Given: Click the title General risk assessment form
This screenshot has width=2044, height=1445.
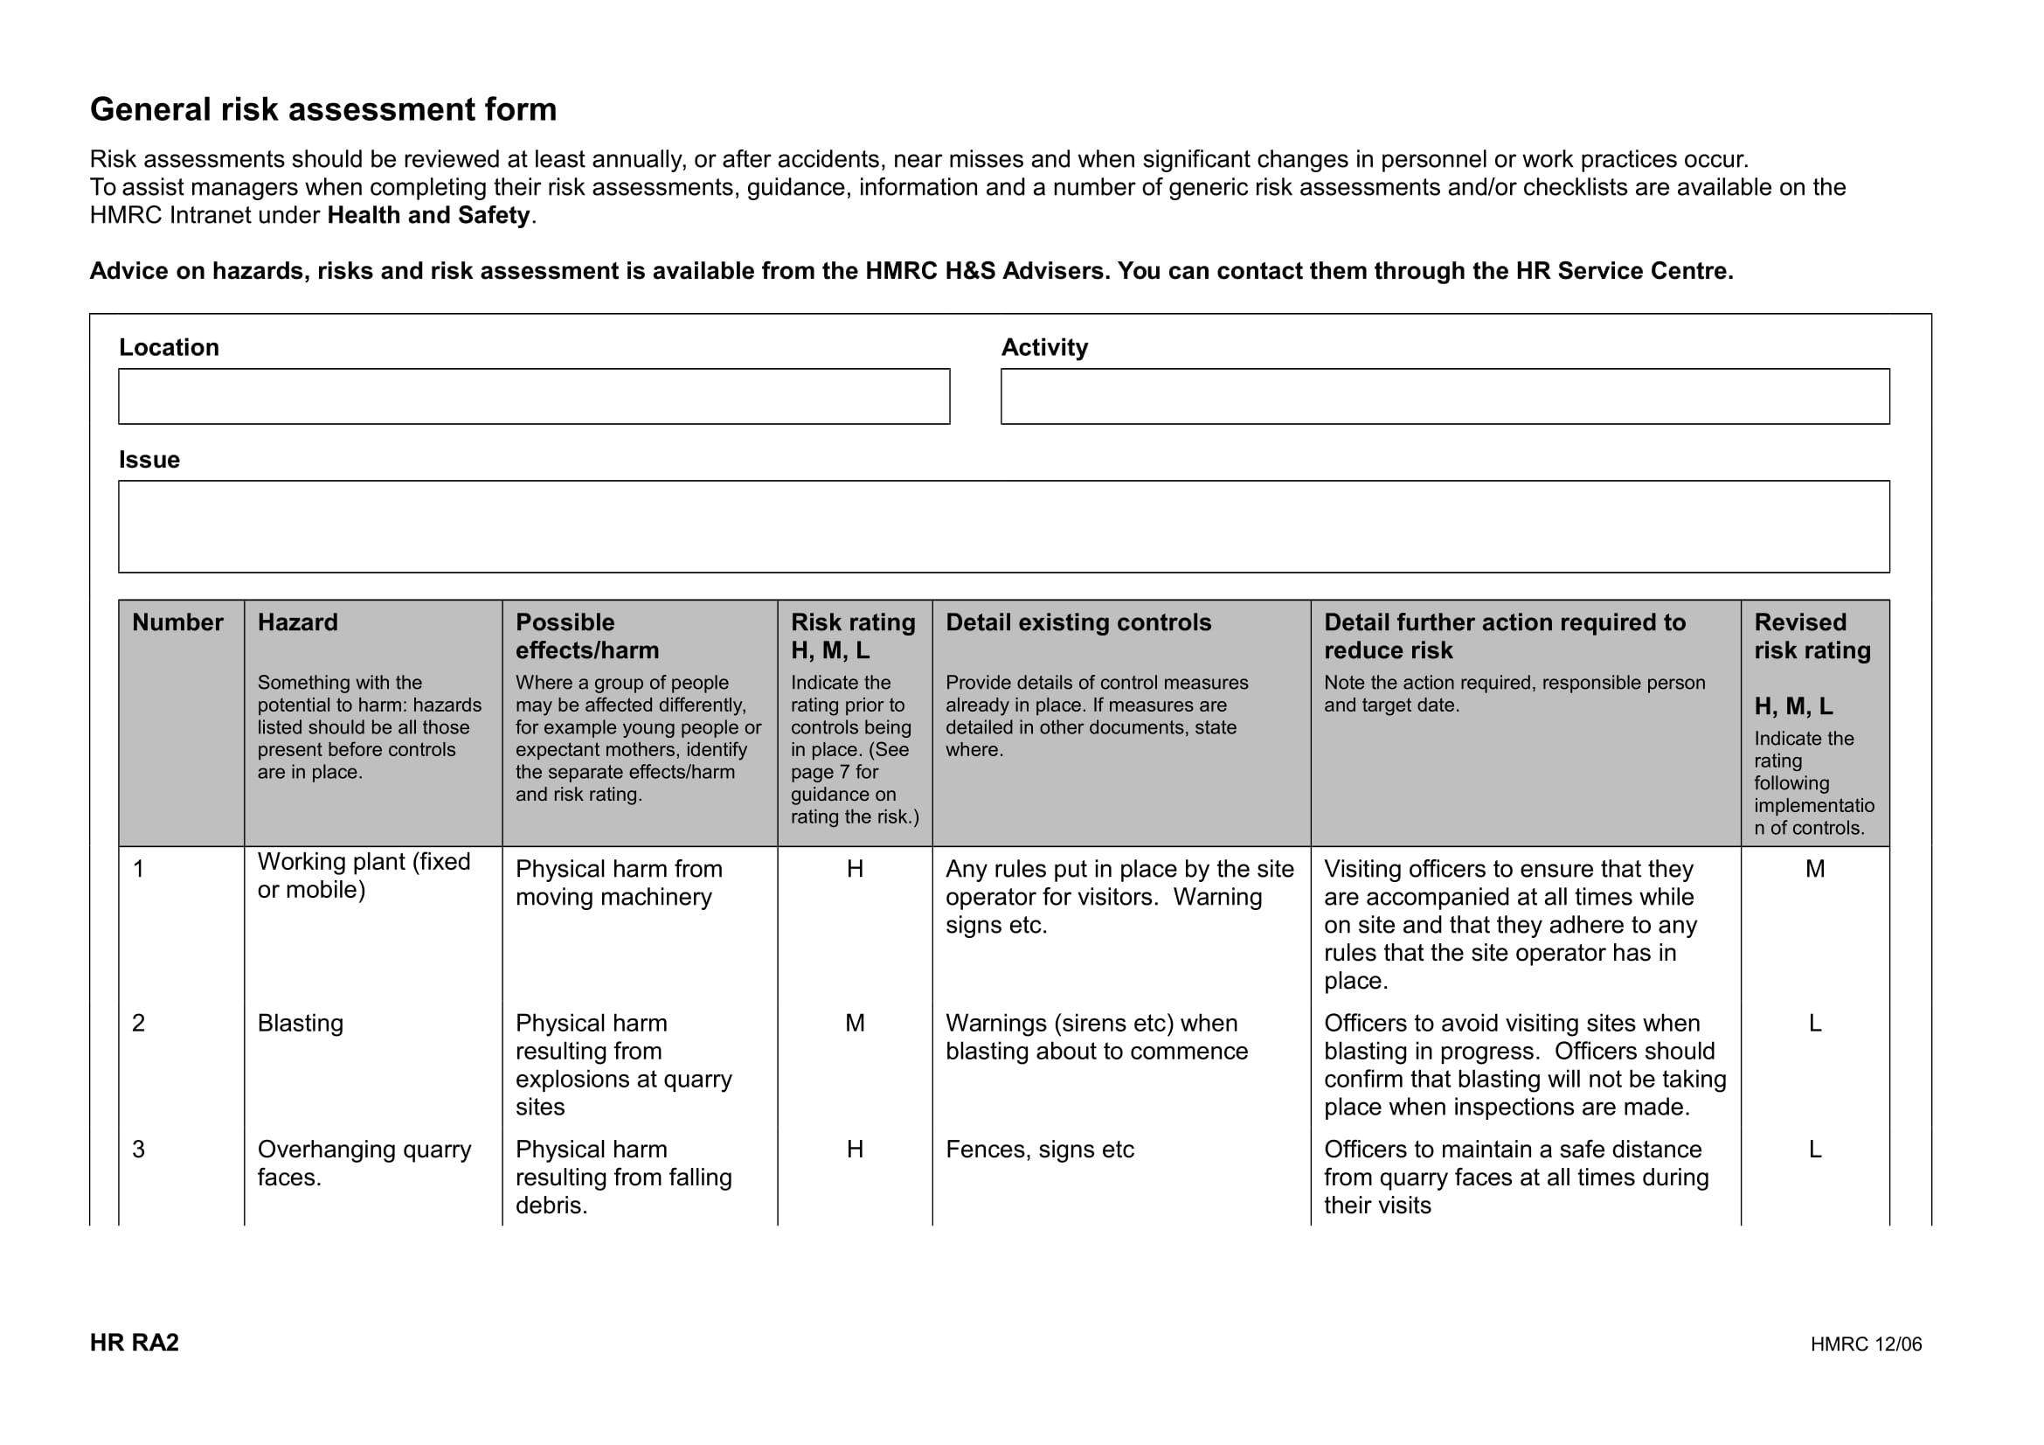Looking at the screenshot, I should pos(323,109).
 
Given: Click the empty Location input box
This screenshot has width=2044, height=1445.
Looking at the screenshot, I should pos(533,396).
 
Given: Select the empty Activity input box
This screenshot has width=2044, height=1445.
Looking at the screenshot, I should pos(1445,396).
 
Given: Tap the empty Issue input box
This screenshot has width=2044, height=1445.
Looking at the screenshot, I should pos(1003,526).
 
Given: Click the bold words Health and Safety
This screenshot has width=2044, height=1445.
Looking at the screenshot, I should pos(428,215).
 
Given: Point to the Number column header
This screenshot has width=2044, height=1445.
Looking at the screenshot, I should pos(177,622).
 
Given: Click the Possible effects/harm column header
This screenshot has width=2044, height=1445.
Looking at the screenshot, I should pos(586,636).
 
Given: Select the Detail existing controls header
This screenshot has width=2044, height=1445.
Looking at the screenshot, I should pos(1078,622).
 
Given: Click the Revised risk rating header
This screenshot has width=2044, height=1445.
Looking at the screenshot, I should pos(1812,636).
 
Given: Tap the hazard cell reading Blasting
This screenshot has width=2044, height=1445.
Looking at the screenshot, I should pos(300,1023).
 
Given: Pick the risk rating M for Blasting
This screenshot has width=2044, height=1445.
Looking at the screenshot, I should pos(855,1023).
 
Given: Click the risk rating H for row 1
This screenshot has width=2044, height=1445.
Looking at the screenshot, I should pos(855,869).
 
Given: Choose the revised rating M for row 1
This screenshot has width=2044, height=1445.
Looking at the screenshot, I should pos(1814,869).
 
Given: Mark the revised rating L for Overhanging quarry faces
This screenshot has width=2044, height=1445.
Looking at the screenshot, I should pos(1814,1150).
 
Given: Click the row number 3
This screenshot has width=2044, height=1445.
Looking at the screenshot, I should pos(139,1150).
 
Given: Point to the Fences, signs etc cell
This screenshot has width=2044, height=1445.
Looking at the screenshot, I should pos(1039,1150).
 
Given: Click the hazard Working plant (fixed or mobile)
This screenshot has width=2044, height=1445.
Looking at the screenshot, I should pos(364,876).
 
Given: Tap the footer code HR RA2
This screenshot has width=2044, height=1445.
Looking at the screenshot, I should pos(135,1343).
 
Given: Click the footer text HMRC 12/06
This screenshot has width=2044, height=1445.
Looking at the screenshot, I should pos(1865,1344).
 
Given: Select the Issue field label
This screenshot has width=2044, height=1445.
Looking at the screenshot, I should pos(149,460).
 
